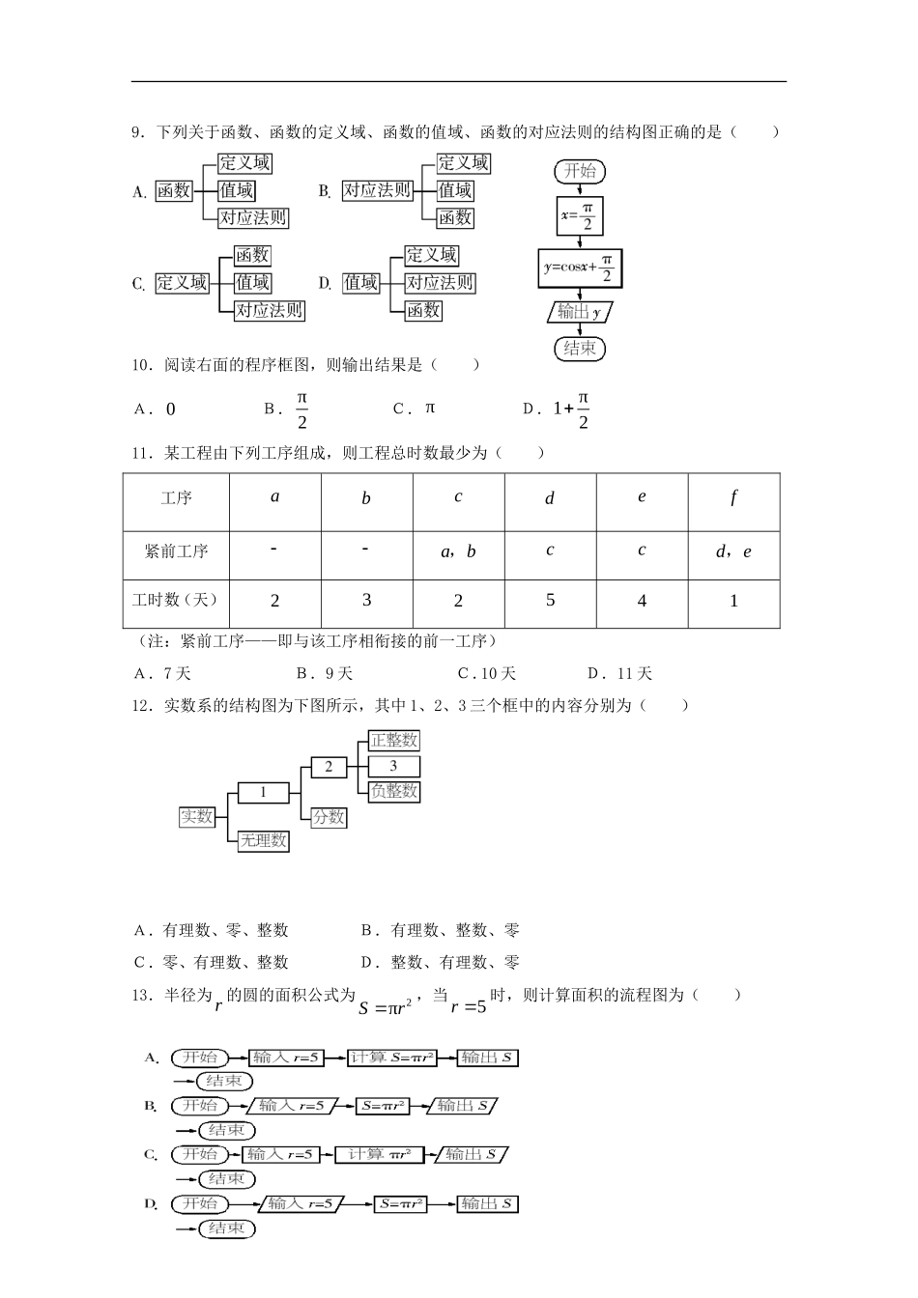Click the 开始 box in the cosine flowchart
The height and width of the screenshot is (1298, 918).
point(580,171)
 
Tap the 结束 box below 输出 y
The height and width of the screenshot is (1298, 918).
point(580,348)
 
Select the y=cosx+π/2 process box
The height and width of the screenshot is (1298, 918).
point(580,267)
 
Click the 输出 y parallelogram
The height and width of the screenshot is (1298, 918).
point(580,312)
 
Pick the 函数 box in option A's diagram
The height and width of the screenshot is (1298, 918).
point(174,191)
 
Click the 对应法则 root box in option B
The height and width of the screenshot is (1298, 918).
point(377,191)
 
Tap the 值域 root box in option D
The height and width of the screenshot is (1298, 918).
point(361,282)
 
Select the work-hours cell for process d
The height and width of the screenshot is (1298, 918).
point(550,601)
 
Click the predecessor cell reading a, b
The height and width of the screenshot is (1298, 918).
point(458,551)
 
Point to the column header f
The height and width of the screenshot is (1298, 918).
point(733,498)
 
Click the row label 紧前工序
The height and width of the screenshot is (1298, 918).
point(176,551)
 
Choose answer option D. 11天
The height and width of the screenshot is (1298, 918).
point(620,673)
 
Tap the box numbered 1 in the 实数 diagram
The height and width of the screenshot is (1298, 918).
point(263,793)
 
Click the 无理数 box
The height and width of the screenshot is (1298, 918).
point(264,840)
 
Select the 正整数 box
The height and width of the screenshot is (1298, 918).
point(394,741)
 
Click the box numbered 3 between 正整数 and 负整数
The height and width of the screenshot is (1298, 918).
point(393,766)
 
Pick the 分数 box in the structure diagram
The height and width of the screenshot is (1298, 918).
point(329,817)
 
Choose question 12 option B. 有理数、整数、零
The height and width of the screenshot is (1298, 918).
point(441,930)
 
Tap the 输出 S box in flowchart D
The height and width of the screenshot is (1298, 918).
point(487,1203)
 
